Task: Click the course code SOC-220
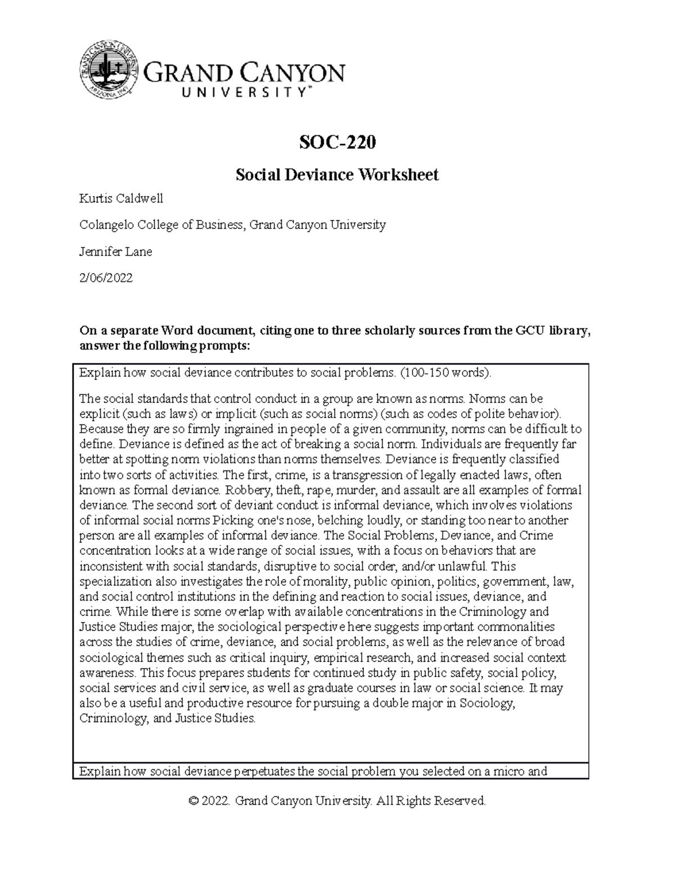click(337, 144)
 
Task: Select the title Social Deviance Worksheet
click(337, 175)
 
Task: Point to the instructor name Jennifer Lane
click(116, 252)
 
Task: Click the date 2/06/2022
click(106, 278)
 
